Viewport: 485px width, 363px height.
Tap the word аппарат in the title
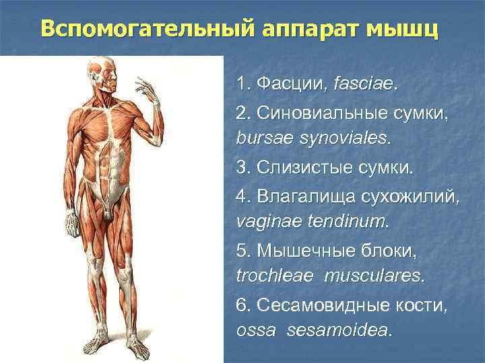pos(307,30)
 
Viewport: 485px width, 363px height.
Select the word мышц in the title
pos(403,30)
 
